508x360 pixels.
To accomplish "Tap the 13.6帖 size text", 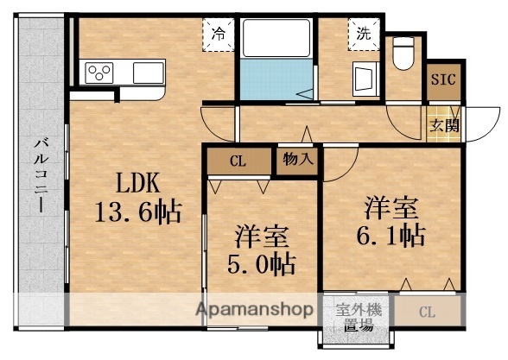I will [137, 212].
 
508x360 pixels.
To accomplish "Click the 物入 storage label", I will [296, 159].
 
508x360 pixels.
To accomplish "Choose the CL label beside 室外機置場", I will [428, 312].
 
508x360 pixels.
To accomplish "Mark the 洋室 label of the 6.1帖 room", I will [391, 206].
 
